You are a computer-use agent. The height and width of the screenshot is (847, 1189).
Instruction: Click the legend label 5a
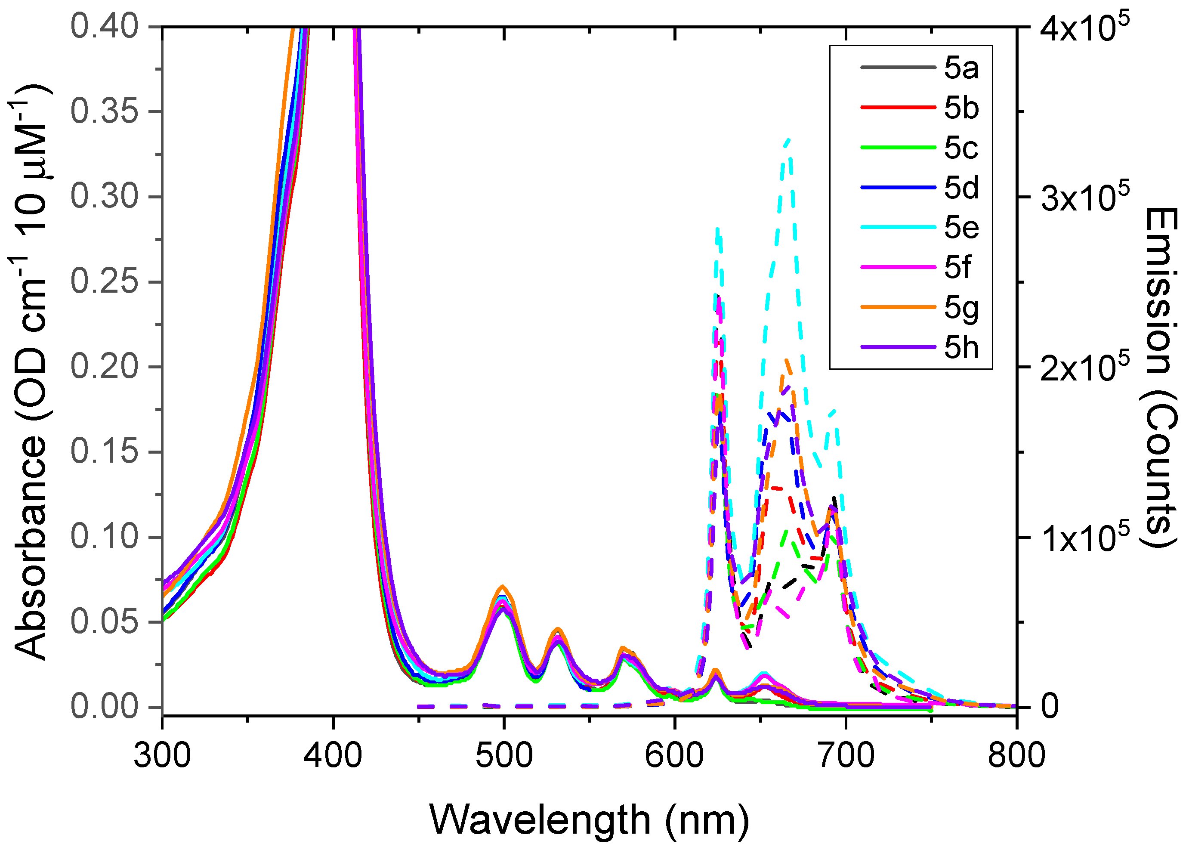961,68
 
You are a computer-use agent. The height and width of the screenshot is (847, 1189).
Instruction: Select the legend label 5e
961,228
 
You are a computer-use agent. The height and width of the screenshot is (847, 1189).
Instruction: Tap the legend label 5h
961,347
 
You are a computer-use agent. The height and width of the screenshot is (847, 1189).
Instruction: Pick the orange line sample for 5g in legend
898,307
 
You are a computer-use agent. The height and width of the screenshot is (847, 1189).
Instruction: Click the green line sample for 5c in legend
898,148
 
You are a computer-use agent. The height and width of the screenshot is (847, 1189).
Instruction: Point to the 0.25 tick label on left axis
104,282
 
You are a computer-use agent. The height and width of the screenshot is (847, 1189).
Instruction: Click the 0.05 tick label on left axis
104,622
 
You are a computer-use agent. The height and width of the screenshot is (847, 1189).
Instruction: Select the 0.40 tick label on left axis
104,27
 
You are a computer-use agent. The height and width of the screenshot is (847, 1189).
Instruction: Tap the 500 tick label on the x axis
504,756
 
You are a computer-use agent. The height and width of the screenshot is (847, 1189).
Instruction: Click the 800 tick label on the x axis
1016,756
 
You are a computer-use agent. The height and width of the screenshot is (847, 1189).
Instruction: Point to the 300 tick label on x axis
162,756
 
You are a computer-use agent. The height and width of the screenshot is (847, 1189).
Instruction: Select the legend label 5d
961,188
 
